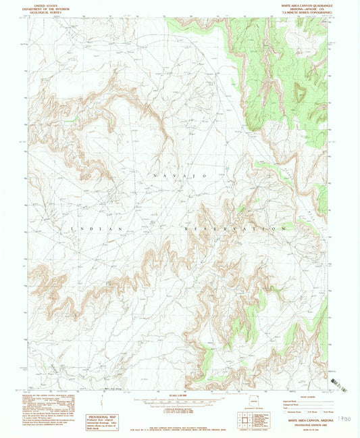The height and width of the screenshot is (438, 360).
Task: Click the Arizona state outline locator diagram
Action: tap(254, 404)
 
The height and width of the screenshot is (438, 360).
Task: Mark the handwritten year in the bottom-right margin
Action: tap(345, 420)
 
